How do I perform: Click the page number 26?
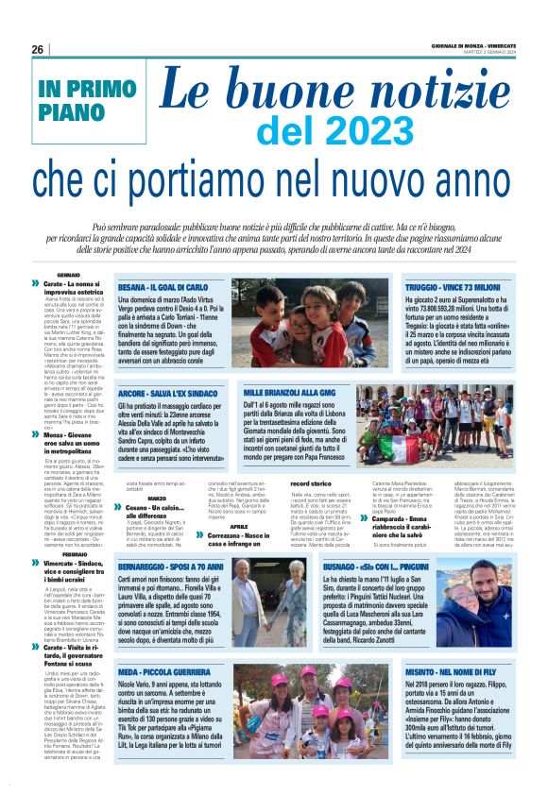click(37, 49)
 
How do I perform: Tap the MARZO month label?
click(157, 499)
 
